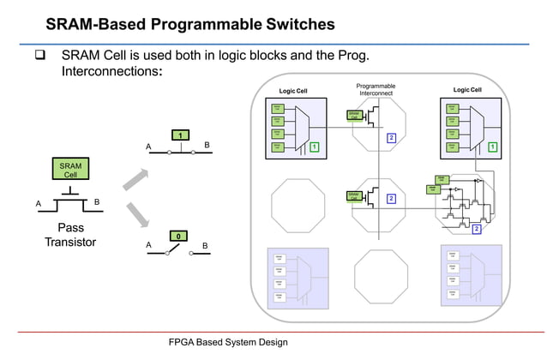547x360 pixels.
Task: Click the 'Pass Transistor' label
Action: coord(70,236)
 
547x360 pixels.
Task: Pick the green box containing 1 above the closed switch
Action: coord(179,135)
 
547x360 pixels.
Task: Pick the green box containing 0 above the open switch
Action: coord(177,235)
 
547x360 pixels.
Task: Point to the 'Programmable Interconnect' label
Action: coord(376,90)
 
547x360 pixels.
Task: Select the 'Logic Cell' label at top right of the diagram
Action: coord(467,90)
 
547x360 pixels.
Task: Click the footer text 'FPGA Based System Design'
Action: coord(227,342)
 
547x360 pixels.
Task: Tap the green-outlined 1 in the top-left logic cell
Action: coord(315,147)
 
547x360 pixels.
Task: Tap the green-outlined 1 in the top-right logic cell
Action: coord(491,147)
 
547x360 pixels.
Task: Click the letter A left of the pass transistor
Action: coord(38,203)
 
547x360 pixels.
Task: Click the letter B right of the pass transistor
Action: coord(97,202)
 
